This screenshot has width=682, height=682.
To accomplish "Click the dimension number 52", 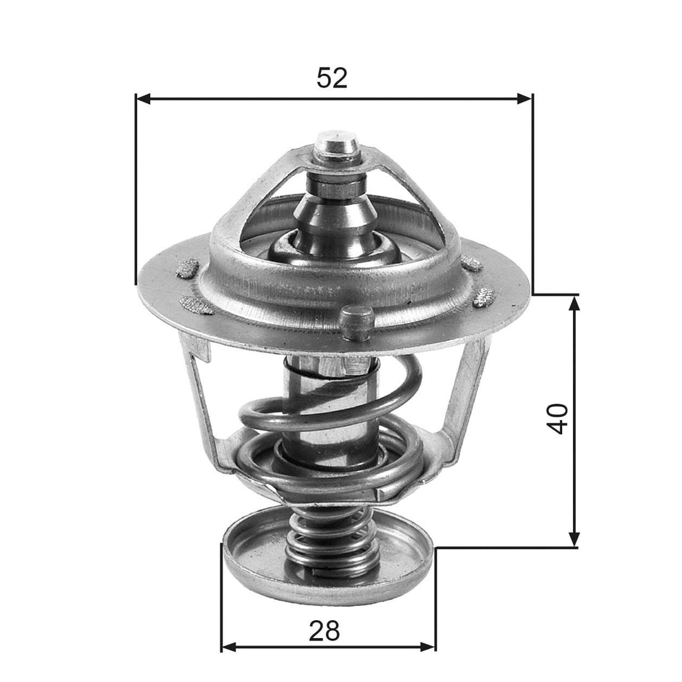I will (x=332, y=78).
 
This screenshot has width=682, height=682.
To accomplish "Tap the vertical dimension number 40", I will (x=558, y=419).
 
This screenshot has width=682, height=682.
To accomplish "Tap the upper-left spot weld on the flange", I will (x=187, y=269).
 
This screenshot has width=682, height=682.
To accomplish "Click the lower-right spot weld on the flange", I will (x=484, y=296).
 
